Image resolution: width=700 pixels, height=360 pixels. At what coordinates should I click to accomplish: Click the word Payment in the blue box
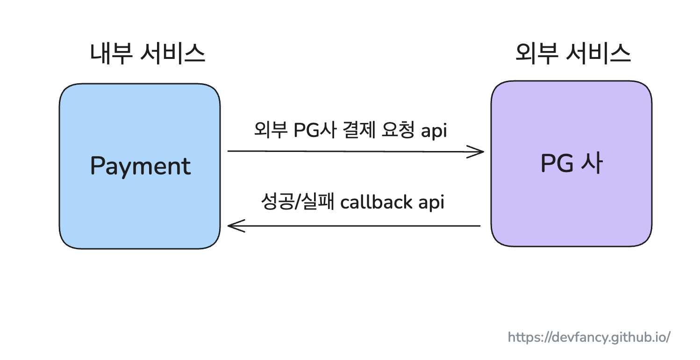tap(140, 166)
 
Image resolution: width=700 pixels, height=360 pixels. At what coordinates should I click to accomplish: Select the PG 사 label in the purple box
tap(571, 164)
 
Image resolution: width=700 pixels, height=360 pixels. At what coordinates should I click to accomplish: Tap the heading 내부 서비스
tap(148, 54)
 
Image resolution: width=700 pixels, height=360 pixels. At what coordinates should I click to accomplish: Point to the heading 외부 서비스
tap(573, 54)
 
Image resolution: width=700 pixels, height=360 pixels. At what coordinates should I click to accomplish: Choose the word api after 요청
tap(434, 130)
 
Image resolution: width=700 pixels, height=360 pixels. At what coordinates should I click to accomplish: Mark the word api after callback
tap(431, 203)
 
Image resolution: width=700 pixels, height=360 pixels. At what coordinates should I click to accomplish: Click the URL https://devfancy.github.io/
tap(589, 337)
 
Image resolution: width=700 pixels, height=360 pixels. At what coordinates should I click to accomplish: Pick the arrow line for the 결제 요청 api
tap(350, 151)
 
